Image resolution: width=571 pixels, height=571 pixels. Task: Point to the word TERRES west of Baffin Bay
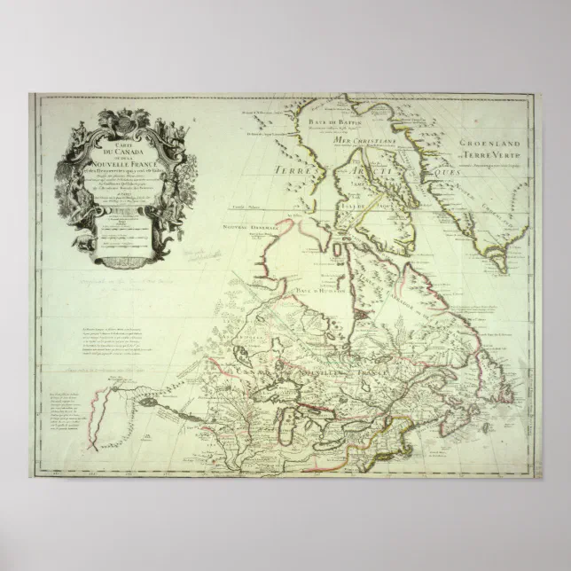tap(296, 168)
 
